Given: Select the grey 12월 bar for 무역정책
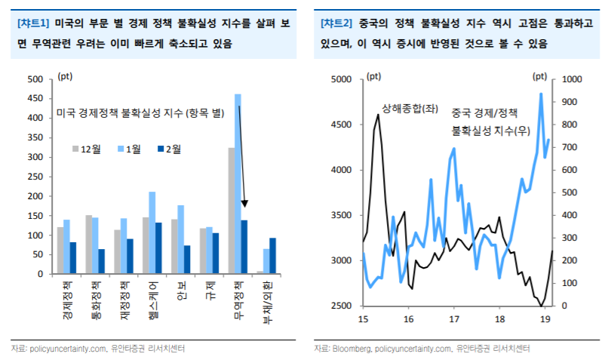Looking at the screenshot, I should pyautogui.click(x=232, y=211).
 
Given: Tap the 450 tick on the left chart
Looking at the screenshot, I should pyautogui.click(x=36, y=98).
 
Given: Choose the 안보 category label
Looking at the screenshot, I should pyautogui.click(x=182, y=291).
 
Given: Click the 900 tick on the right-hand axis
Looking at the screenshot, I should pyautogui.click(x=568, y=102).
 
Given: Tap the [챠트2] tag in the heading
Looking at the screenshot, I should pyautogui.click(x=337, y=24).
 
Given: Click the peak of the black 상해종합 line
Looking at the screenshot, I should pyautogui.click(x=377, y=115).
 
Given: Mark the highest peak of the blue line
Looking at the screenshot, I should pyautogui.click(x=541, y=94).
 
